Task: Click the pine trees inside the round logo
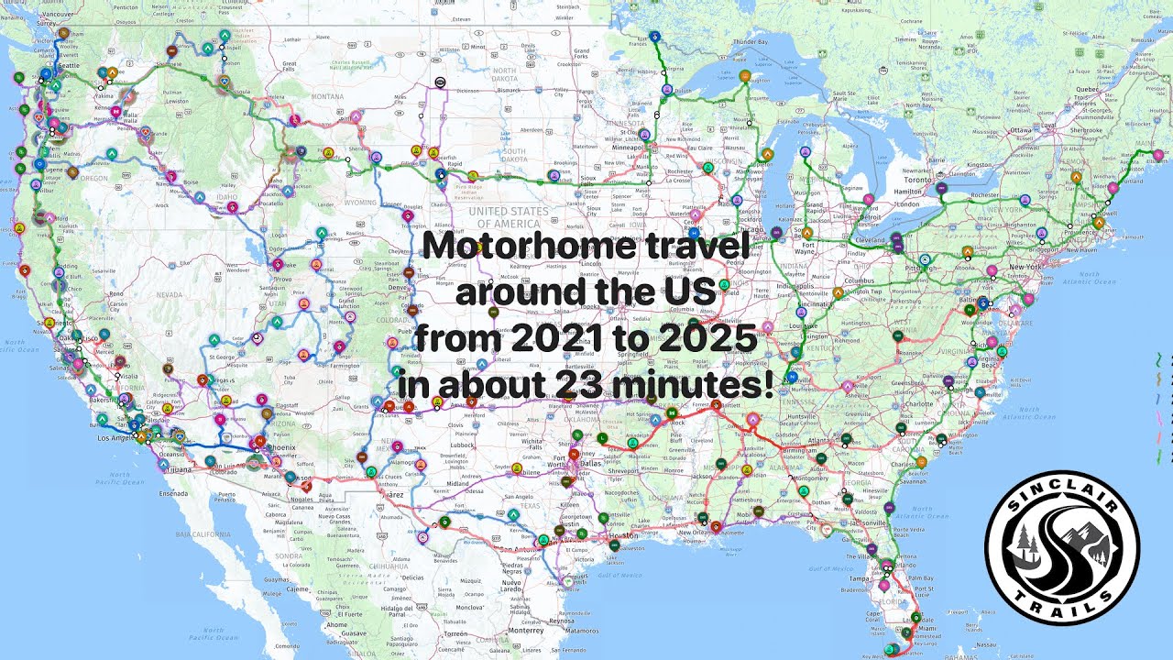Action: tap(1022, 545)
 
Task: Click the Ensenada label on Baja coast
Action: tap(171, 492)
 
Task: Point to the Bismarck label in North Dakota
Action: tap(510, 91)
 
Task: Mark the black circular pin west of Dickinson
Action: tap(440, 82)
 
